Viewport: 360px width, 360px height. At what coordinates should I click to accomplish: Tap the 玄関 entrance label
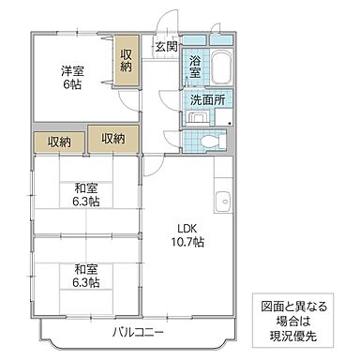[x=166, y=46]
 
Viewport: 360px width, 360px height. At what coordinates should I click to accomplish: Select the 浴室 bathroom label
[x=194, y=66]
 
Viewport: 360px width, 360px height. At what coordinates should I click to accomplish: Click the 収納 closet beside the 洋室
[x=126, y=60]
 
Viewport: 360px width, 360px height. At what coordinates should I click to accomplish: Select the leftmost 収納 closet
[x=59, y=141]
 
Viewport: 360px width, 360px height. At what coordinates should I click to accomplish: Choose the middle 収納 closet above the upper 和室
[x=113, y=139]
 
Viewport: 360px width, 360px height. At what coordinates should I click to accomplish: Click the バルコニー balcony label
[x=138, y=333]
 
